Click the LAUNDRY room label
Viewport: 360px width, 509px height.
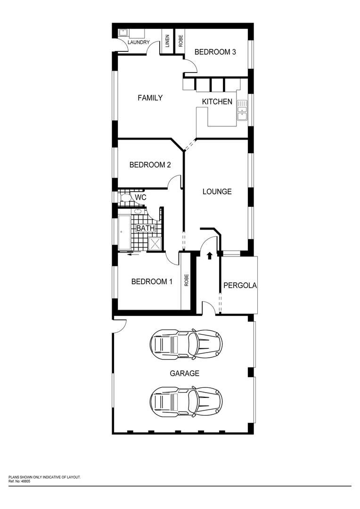[x=139, y=43]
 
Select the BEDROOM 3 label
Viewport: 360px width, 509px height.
[x=215, y=52]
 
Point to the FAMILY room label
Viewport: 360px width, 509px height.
[x=150, y=98]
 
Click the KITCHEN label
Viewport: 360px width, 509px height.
[x=217, y=102]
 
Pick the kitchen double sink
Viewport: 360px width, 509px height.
[x=242, y=110]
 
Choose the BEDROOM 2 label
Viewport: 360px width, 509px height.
[x=150, y=165]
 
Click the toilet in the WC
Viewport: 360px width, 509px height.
[x=126, y=197]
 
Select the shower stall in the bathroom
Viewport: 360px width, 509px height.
[x=155, y=243]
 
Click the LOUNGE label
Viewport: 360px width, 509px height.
[x=217, y=192]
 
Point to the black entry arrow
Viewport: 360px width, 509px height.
[x=209, y=255]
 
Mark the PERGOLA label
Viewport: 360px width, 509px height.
[x=240, y=285]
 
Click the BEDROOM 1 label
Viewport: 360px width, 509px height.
[x=151, y=282]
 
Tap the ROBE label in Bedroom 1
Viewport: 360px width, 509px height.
[x=187, y=281]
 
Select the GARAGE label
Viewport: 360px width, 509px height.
[x=184, y=373]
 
